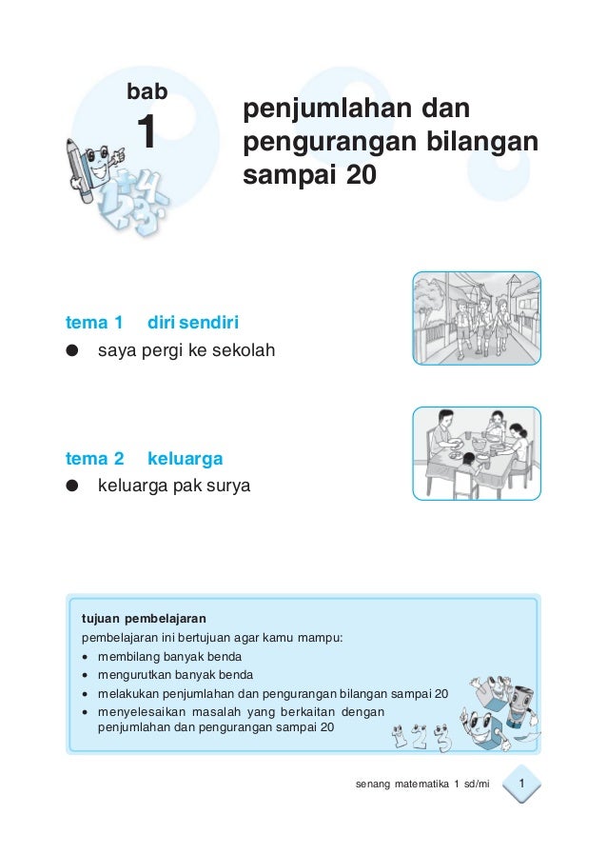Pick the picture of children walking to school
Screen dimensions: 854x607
coord(476,318)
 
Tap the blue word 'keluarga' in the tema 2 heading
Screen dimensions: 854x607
coord(186,459)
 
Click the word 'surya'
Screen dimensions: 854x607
coord(228,487)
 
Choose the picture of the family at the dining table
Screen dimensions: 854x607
coord(476,453)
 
